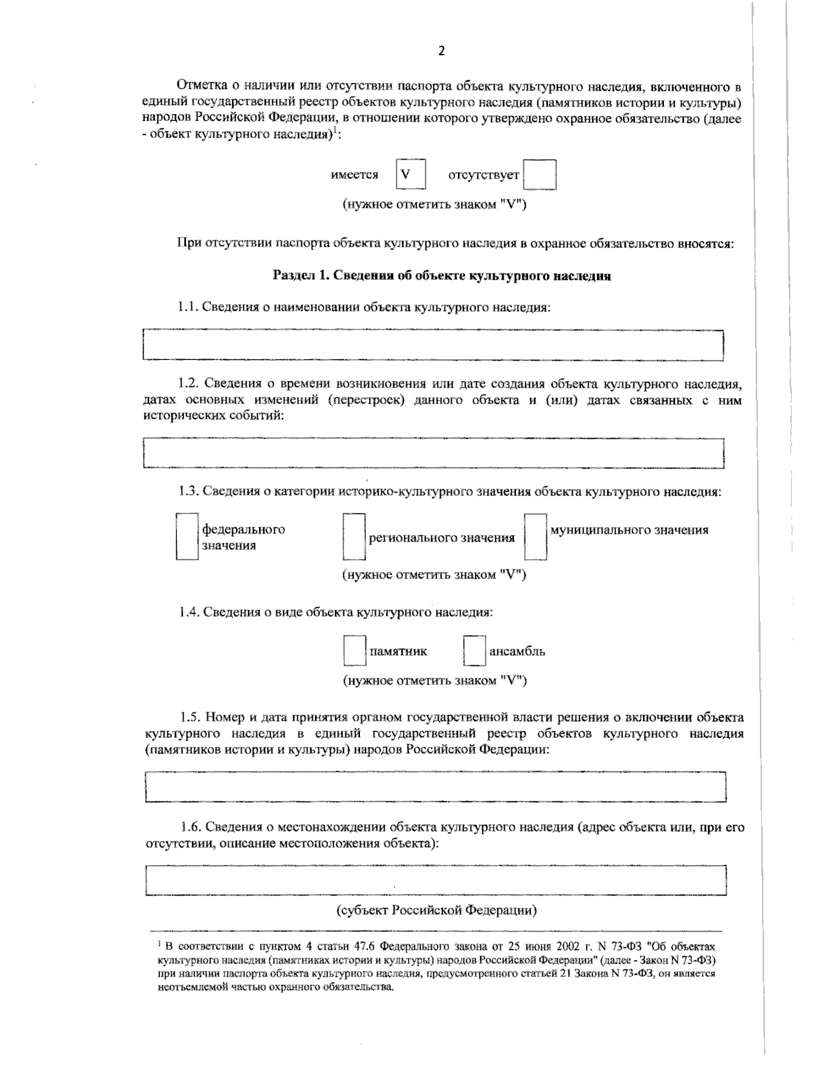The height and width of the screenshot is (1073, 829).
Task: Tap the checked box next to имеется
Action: click(410, 174)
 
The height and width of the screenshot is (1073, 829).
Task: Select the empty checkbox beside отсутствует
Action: click(540, 175)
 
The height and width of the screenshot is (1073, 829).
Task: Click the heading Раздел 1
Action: click(442, 276)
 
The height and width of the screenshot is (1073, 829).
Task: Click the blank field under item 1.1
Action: click(433, 345)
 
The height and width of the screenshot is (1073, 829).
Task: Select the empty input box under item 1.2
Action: click(433, 453)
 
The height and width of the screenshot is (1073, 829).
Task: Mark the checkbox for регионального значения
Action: click(354, 536)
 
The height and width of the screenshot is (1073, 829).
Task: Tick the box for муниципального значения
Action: click(535, 536)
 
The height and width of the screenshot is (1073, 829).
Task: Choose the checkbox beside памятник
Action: click(354, 651)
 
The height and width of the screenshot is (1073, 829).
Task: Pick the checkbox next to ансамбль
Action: click(474, 651)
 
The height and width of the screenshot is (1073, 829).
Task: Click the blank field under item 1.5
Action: click(435, 787)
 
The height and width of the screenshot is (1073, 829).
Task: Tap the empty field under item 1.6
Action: click(435, 880)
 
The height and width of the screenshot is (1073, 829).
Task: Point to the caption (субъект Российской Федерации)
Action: click(437, 909)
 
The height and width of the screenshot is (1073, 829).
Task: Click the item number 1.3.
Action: click(189, 492)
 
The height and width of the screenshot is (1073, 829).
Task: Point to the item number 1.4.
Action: click(189, 612)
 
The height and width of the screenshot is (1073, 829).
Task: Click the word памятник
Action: click(399, 651)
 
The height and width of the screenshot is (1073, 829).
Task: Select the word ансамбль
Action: click(517, 651)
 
